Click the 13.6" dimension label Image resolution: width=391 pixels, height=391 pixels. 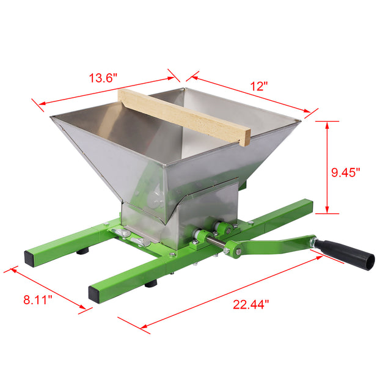tap(103, 78)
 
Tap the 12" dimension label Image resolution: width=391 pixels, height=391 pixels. tap(259, 86)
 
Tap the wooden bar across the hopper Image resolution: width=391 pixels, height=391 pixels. tap(183, 116)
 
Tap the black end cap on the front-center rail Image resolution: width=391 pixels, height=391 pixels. tap(95, 293)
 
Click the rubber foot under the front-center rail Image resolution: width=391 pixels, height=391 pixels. tap(151, 283)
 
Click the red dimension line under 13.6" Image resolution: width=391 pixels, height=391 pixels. tap(104, 91)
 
